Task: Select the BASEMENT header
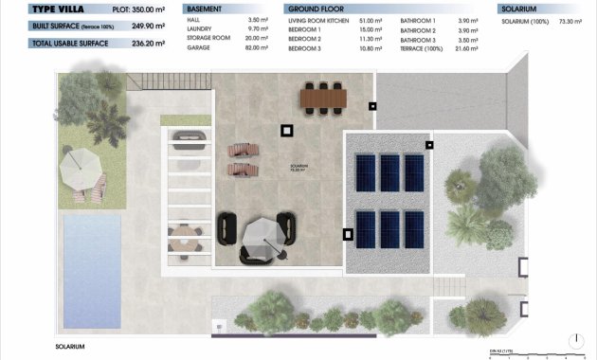[x=206, y=9]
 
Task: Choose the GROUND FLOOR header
[x=314, y=9]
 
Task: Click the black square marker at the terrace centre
[x=286, y=131]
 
